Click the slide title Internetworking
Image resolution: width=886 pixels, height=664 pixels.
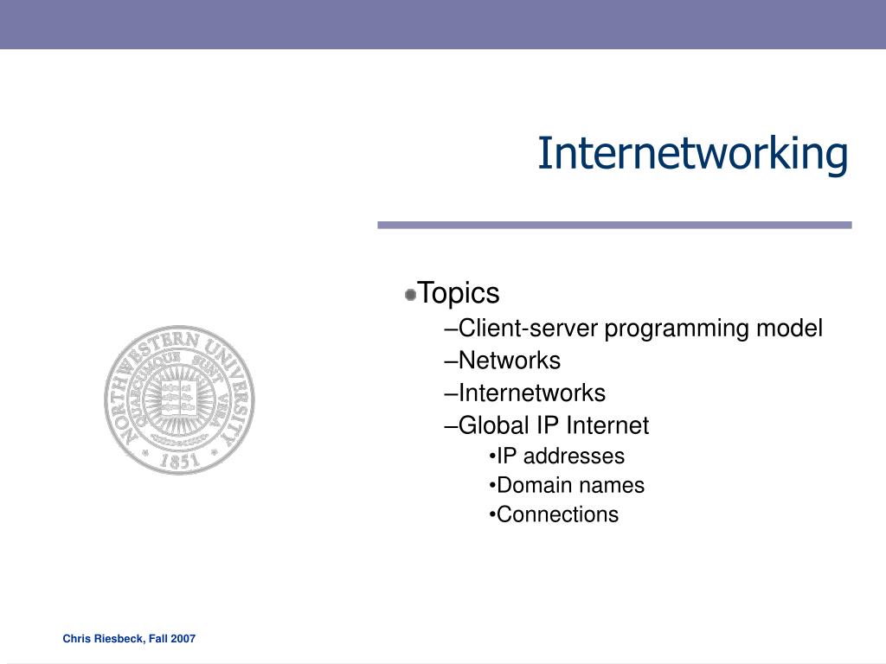click(x=693, y=154)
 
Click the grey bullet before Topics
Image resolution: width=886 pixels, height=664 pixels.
click(x=411, y=295)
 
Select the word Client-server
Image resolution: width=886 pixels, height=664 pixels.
click(x=529, y=329)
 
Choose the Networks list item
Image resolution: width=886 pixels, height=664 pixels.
click(x=509, y=361)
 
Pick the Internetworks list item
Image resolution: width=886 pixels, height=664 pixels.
click(x=532, y=393)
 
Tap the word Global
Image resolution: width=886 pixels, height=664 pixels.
click(x=493, y=425)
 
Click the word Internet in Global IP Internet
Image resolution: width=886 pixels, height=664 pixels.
click(x=607, y=425)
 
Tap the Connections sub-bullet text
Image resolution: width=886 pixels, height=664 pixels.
click(x=558, y=515)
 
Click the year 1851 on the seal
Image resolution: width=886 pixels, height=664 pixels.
click(x=180, y=461)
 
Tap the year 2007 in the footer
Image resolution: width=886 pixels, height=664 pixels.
click(x=183, y=639)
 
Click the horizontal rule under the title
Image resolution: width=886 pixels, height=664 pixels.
click(x=614, y=226)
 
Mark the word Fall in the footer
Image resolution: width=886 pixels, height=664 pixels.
click(x=158, y=639)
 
